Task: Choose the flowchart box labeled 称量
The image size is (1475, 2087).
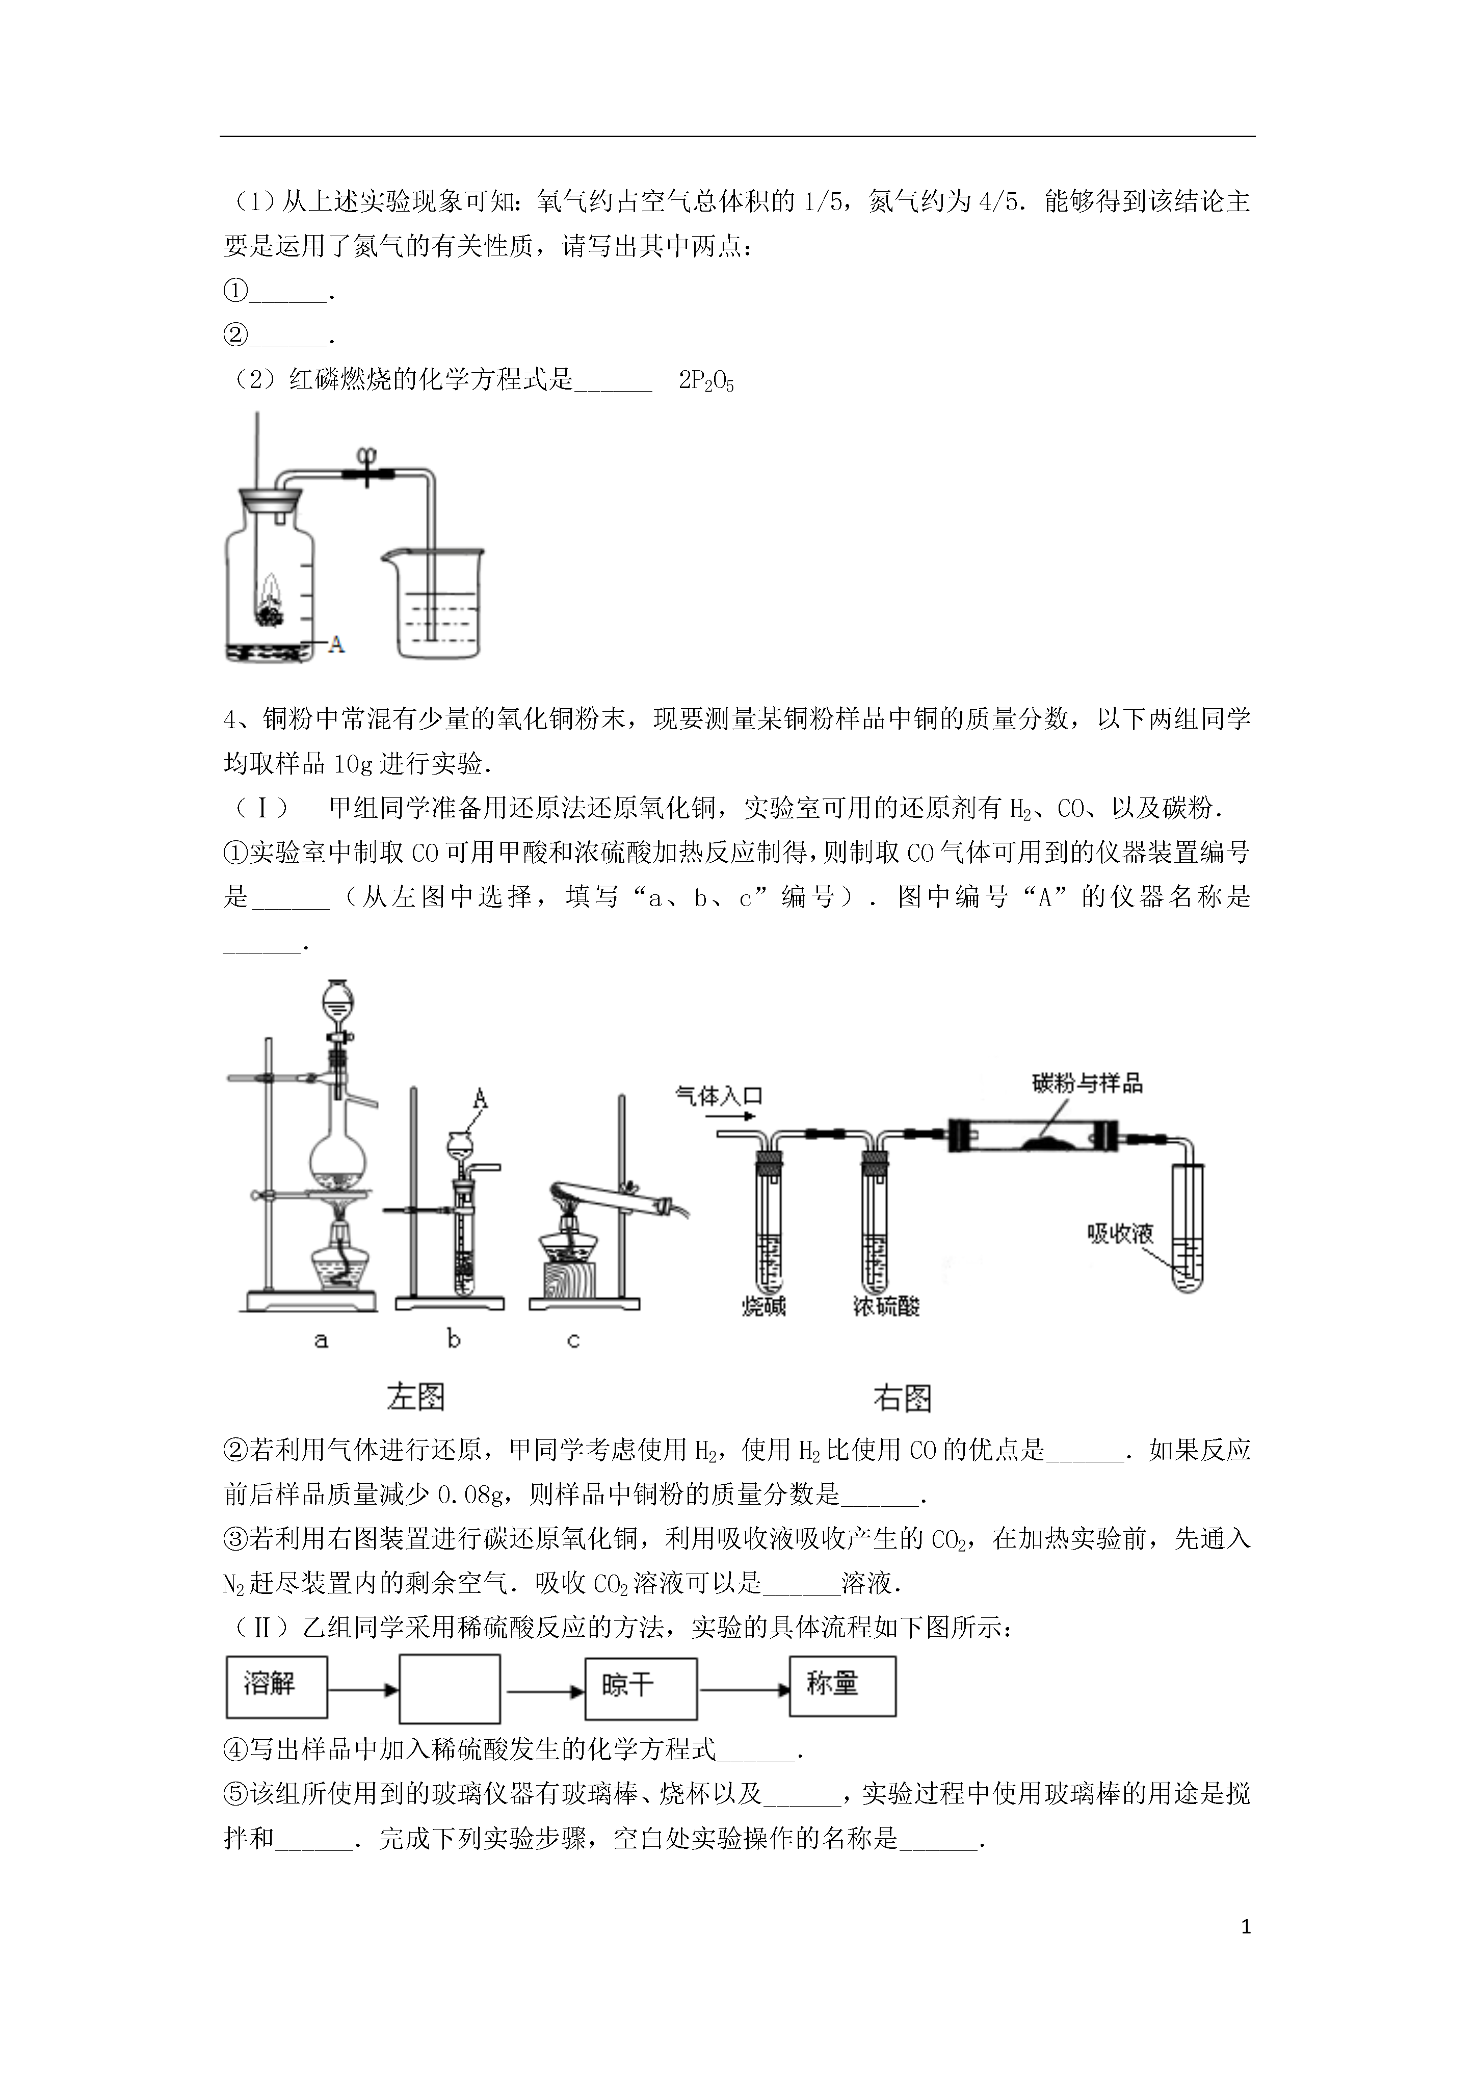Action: click(842, 1686)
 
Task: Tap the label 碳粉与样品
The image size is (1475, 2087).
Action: click(1087, 1083)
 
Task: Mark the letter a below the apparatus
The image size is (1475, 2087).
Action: click(321, 1340)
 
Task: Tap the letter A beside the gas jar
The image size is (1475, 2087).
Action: click(336, 645)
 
